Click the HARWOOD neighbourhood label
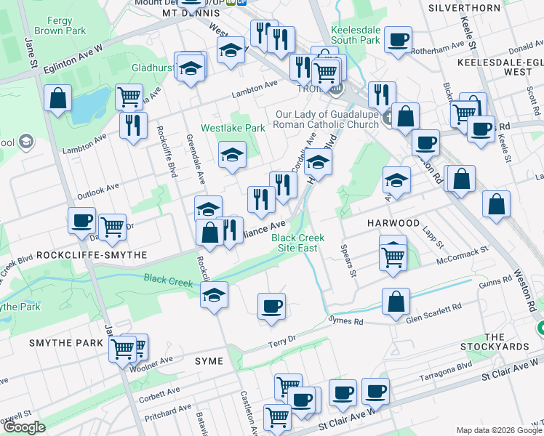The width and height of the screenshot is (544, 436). tap(393, 222)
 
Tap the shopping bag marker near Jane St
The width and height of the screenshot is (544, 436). tap(57, 97)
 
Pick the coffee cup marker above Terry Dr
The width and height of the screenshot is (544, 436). tap(271, 305)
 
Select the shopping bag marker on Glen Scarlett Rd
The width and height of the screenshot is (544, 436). tap(396, 302)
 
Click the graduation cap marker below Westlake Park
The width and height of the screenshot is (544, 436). tap(232, 153)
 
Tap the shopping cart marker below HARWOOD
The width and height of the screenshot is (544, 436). tap(393, 255)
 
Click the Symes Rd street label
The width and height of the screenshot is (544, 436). tap(346, 320)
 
